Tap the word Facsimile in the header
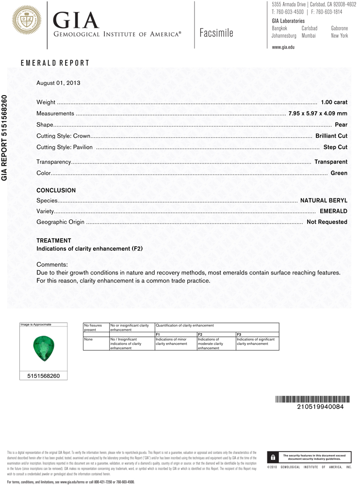click(216, 33)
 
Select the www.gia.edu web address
click(283, 47)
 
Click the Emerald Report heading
click(55, 63)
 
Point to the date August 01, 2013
click(58, 83)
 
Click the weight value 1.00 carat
click(334, 102)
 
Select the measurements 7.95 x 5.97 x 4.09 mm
click(318, 113)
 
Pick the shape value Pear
click(341, 125)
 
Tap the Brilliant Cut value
click(331, 136)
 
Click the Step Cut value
click(335, 147)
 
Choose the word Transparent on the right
click(331, 162)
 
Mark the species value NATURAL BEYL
click(324, 200)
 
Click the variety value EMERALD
click(333, 211)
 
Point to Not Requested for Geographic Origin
click(327, 222)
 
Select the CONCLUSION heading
click(56, 191)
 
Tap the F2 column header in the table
click(200, 335)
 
